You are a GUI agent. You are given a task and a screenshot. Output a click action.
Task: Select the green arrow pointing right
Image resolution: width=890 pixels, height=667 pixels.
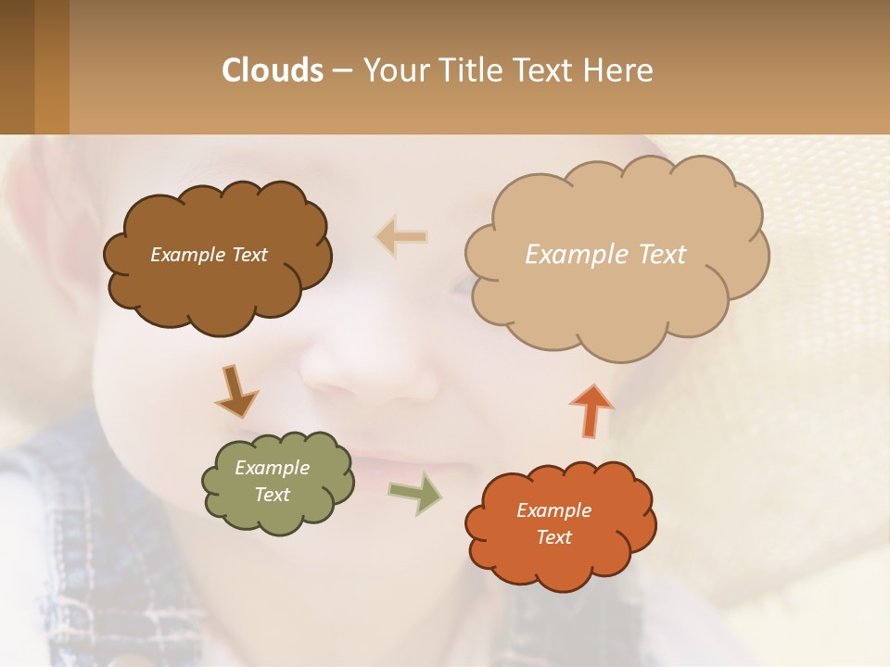pos(414,494)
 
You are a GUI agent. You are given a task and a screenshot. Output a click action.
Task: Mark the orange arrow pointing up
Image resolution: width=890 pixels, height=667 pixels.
pos(591,409)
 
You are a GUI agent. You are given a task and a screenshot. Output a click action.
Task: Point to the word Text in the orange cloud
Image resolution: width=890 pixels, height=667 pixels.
pos(553,537)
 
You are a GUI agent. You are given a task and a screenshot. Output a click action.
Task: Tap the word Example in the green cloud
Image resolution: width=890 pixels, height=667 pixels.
pos(273,468)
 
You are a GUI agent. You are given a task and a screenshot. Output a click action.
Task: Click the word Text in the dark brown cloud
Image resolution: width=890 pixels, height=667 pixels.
pos(249,255)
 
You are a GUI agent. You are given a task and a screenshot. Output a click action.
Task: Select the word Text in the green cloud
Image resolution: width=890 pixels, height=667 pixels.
pos(273,495)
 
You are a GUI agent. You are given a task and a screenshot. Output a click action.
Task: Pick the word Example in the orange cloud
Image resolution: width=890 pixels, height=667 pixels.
pos(553,510)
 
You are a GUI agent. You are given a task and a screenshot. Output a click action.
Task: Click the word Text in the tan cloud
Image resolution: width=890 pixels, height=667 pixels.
pos(662,254)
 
